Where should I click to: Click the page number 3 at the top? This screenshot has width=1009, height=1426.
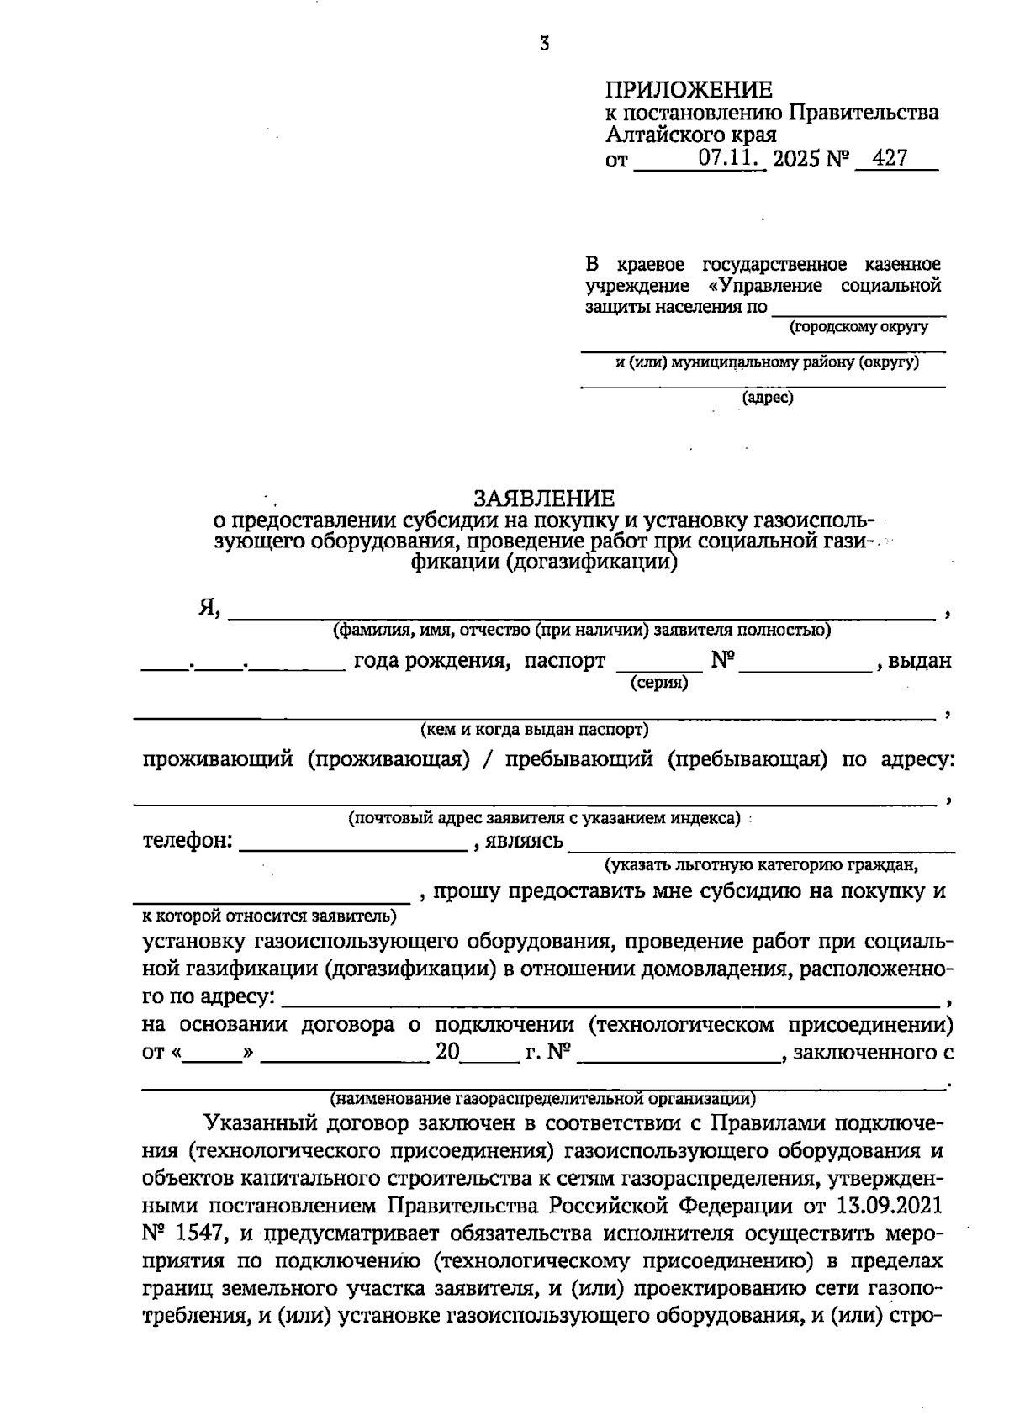(x=544, y=45)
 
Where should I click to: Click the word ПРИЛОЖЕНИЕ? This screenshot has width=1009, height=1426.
(x=689, y=90)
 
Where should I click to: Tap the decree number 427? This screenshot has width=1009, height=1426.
(x=890, y=158)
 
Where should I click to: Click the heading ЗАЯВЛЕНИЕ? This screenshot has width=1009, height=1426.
(x=544, y=498)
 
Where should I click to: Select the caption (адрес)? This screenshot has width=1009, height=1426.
(x=767, y=397)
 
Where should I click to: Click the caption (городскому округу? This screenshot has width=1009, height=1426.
(x=858, y=326)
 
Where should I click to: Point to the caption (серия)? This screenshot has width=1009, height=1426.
(x=659, y=684)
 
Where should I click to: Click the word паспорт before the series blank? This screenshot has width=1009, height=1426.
(x=564, y=661)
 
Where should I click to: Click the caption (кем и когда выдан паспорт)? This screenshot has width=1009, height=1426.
(x=535, y=729)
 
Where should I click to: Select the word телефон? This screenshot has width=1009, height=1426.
(x=187, y=841)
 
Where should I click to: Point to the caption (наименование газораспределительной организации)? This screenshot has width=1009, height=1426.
(x=542, y=1098)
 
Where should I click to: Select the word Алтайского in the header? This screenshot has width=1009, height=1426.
(x=663, y=135)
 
